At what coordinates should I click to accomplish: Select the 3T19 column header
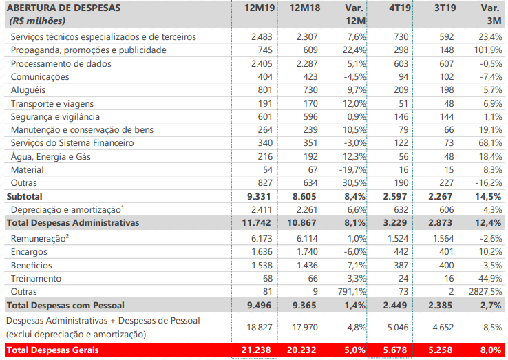[x=430, y=8]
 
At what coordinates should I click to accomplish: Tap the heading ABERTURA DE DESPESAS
[x=62, y=8]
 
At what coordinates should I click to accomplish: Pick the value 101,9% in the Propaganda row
[x=485, y=50]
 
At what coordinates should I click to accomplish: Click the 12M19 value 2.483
[x=262, y=36]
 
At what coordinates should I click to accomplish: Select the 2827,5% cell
[x=481, y=291]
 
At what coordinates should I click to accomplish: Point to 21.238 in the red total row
[x=259, y=350]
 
